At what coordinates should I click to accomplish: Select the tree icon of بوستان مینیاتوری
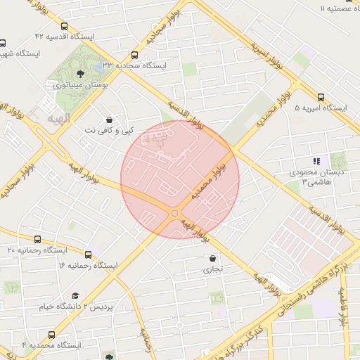click(x=82, y=72)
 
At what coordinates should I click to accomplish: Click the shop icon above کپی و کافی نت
click(x=108, y=120)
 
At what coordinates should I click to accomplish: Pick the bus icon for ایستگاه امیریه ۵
click(x=321, y=98)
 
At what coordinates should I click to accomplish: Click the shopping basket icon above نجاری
click(x=212, y=258)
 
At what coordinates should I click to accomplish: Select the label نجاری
click(x=212, y=269)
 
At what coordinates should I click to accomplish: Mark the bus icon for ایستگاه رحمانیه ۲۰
click(x=37, y=239)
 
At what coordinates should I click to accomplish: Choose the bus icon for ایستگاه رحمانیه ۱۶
click(x=88, y=255)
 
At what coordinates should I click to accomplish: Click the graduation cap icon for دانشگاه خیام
click(x=75, y=295)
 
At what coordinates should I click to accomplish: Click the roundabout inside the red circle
click(x=174, y=214)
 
